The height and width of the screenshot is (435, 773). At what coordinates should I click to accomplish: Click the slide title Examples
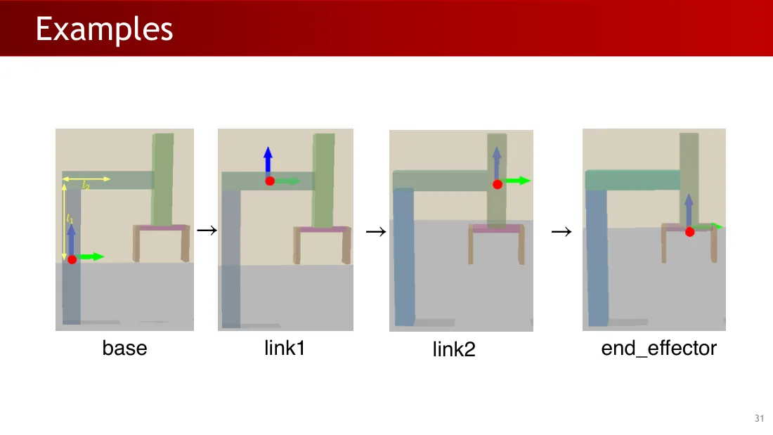tap(105, 30)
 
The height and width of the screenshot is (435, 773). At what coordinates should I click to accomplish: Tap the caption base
tap(124, 348)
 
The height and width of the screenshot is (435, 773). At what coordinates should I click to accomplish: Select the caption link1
tap(285, 348)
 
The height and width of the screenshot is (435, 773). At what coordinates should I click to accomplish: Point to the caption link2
tap(454, 349)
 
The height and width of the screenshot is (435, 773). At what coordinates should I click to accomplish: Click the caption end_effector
tap(658, 348)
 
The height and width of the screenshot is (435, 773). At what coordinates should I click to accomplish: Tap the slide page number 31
tap(759, 418)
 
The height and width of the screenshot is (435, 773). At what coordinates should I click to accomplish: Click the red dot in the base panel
tap(72, 259)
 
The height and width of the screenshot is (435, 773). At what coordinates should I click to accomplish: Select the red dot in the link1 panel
tap(270, 181)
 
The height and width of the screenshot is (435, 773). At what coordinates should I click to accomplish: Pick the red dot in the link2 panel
tap(498, 184)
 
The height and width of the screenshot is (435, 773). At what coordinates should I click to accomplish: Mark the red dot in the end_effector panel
tap(689, 232)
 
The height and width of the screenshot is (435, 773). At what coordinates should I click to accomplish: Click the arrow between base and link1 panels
tap(207, 231)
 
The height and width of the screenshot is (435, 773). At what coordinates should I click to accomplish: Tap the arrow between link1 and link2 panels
tap(376, 232)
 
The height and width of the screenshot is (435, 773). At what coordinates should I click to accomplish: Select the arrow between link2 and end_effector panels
tap(561, 232)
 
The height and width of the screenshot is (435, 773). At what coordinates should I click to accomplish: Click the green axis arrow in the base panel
tap(91, 257)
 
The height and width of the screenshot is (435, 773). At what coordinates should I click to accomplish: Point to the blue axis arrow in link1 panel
tap(268, 161)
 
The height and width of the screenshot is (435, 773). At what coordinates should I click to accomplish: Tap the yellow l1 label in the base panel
tap(70, 219)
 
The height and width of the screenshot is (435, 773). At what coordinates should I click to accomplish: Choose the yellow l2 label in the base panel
tap(86, 186)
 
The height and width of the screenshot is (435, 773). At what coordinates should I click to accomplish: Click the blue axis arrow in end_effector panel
tap(689, 211)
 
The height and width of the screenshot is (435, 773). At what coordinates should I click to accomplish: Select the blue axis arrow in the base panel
tap(72, 240)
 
